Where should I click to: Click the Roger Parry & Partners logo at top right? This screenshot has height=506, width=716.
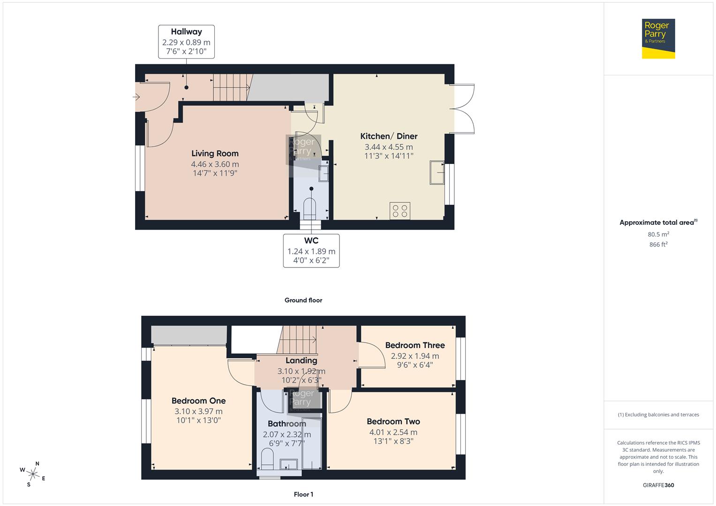[x=658, y=38]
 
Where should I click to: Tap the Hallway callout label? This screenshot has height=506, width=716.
[x=186, y=42]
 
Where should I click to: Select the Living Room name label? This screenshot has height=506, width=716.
[x=215, y=154]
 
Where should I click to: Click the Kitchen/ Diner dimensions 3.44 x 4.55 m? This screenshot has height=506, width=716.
[x=389, y=147]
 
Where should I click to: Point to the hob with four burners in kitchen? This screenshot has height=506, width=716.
[x=400, y=211]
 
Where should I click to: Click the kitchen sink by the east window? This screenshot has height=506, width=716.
[x=437, y=172]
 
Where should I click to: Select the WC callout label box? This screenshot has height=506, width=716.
[x=311, y=251]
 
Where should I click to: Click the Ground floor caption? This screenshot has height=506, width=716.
[x=303, y=300]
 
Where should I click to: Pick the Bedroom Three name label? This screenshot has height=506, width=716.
[x=415, y=345]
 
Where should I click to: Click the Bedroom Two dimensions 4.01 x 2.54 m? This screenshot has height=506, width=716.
[x=393, y=432]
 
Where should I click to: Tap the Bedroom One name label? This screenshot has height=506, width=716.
[x=198, y=401]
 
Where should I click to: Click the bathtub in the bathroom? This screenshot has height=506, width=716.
[x=311, y=443]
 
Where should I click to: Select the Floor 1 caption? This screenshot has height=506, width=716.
[x=303, y=494]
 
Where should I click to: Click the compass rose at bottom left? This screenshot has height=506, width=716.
[x=33, y=474]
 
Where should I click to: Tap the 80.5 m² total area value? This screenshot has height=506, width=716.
[x=658, y=234]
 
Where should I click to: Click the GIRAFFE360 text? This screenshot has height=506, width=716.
[x=658, y=485]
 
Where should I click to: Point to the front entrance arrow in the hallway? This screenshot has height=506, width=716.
[x=136, y=97]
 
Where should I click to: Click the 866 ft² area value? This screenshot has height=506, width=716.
[x=658, y=245]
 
